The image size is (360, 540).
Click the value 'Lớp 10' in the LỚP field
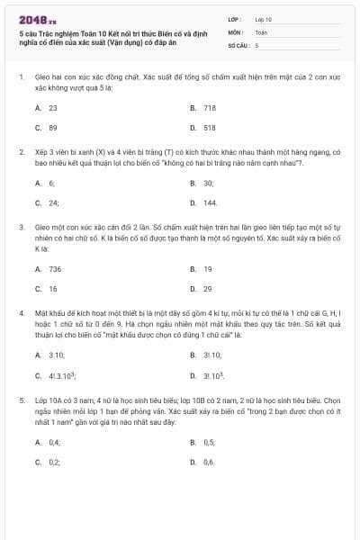264,18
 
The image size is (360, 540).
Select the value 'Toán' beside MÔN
261,31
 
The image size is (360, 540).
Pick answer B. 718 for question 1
203,107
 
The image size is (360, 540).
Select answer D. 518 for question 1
203,128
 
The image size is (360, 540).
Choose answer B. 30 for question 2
202,182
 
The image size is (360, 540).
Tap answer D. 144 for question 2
204,202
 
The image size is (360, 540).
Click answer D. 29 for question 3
202,289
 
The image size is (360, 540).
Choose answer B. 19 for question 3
202,268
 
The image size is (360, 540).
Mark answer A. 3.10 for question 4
49,355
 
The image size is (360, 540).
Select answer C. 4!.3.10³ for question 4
55,375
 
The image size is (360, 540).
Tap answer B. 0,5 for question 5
202,442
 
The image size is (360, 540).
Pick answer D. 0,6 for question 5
202,462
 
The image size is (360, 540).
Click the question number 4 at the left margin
21,311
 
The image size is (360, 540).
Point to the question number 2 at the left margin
21,152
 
